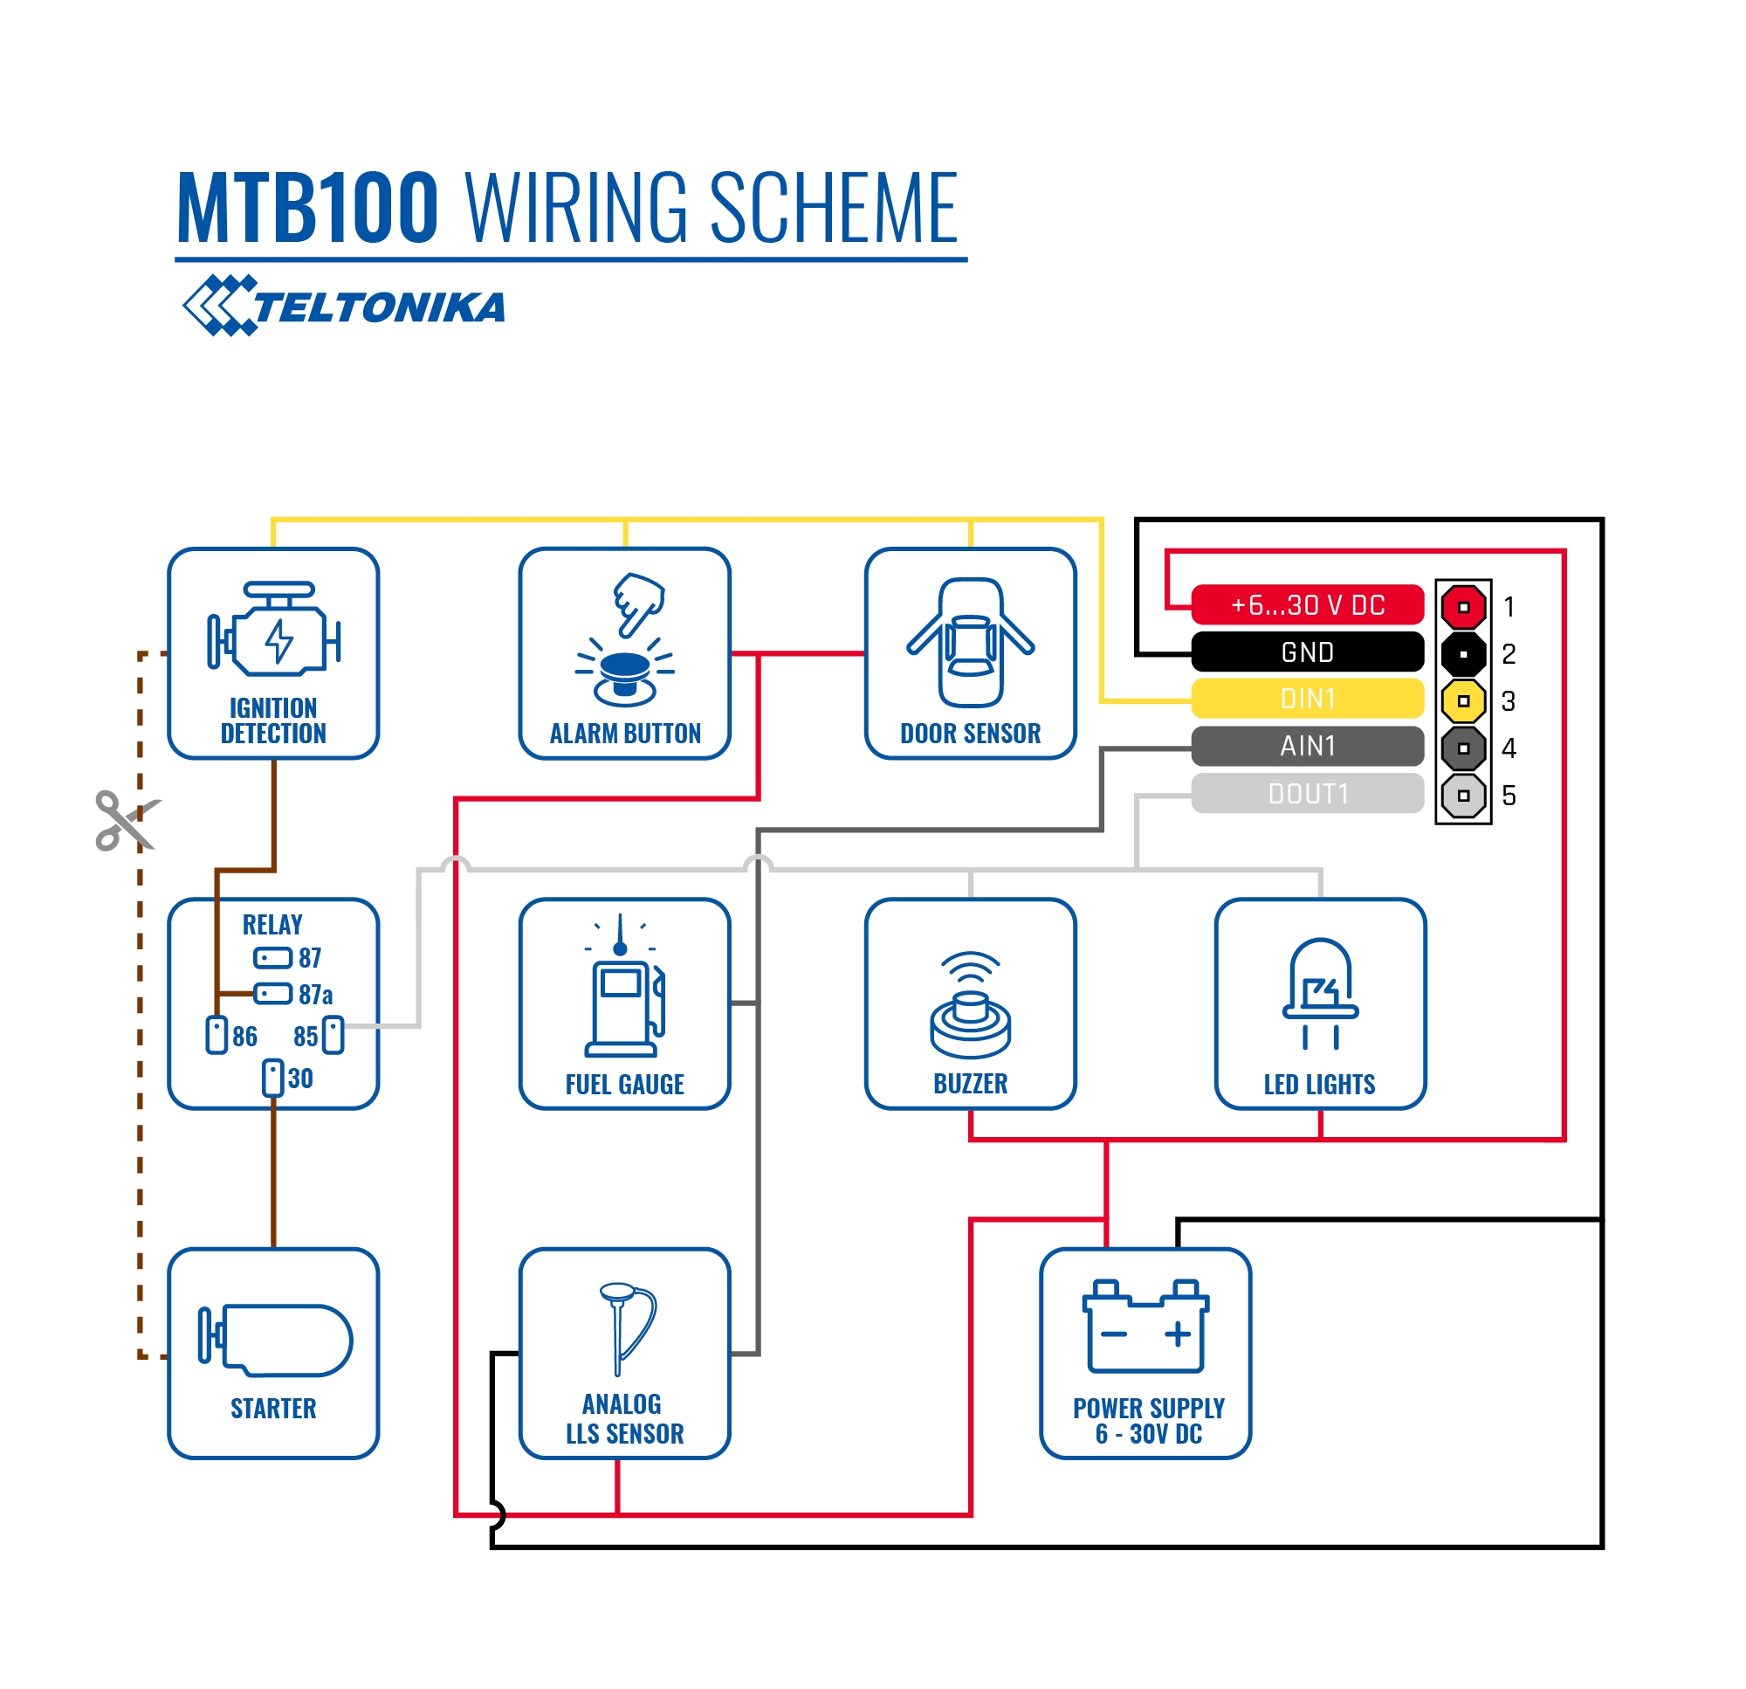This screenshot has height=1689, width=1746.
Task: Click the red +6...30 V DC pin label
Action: tap(1307, 605)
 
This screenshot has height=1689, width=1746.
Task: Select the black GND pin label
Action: tap(1307, 652)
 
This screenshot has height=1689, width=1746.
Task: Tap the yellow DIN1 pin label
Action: tap(1307, 700)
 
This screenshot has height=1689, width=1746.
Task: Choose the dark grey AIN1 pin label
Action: tap(1307, 747)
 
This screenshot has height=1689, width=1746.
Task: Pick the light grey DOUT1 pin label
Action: tap(1307, 794)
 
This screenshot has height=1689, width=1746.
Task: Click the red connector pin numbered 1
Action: tap(1463, 607)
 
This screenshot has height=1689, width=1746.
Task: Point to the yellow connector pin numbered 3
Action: tap(1463, 701)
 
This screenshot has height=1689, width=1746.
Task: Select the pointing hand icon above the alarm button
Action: tap(639, 603)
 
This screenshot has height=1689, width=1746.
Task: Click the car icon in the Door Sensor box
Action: tap(970, 643)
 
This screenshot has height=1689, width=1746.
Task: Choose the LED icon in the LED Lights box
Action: tap(1320, 993)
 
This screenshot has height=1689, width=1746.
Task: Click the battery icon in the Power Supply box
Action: tap(1145, 1327)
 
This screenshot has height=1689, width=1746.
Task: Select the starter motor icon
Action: tap(275, 1340)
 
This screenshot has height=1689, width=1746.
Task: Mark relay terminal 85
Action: tap(333, 1036)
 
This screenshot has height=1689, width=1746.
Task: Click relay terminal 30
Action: tap(272, 1078)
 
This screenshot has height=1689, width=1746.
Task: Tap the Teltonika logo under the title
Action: tap(344, 306)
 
